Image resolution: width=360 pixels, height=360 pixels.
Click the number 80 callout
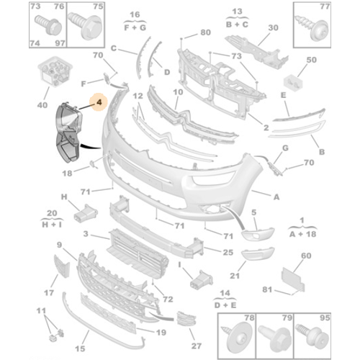pyautogui.click(x=205, y=32)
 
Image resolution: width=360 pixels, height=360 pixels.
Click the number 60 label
pyautogui.click(x=305, y=256)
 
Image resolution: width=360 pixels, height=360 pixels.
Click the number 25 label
pyautogui.click(x=228, y=253)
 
